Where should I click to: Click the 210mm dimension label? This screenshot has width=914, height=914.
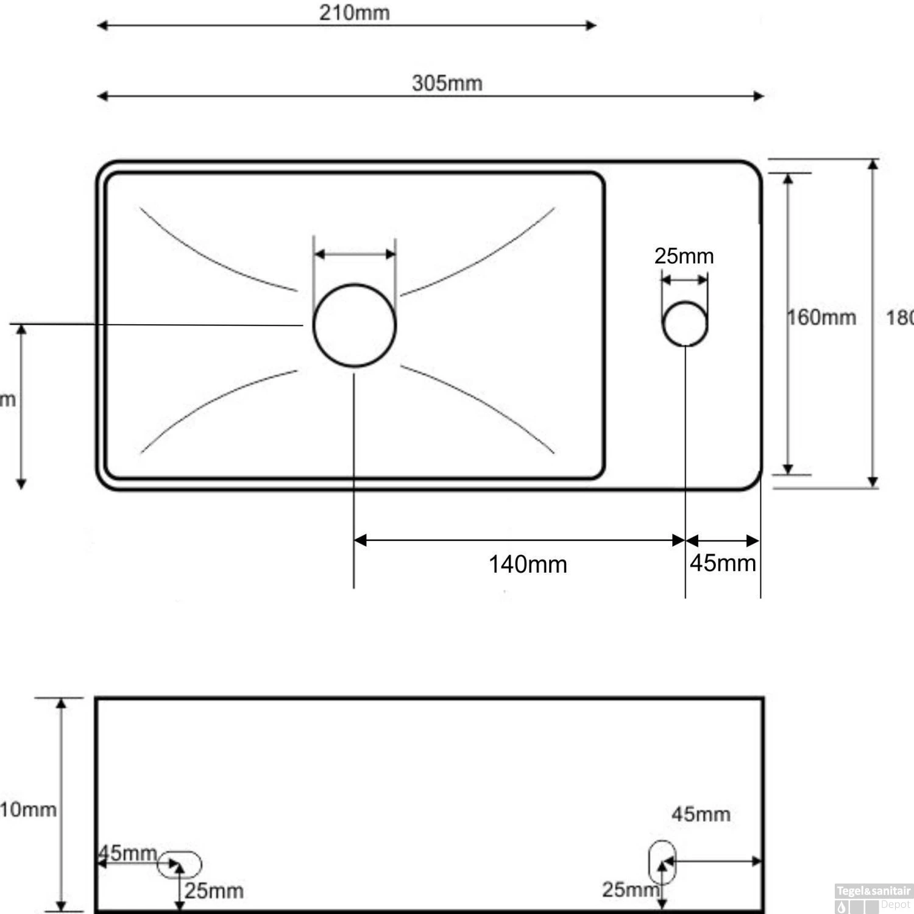click(354, 13)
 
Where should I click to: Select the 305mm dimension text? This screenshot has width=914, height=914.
click(447, 83)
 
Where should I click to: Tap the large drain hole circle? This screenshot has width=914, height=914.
click(355, 325)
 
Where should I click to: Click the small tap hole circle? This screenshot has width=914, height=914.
click(685, 324)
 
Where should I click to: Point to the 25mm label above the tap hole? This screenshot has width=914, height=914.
click(684, 256)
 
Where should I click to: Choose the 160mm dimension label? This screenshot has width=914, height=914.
click(821, 317)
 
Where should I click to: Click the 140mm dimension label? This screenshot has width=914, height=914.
click(528, 564)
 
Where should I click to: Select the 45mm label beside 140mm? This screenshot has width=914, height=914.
click(723, 563)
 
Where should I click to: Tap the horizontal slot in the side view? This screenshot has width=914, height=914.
click(180, 865)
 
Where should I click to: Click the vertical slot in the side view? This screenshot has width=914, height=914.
click(662, 862)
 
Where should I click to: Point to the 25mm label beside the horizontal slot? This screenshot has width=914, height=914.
click(214, 891)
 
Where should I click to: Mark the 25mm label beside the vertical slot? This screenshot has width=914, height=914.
click(630, 890)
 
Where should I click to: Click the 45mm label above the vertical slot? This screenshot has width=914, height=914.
click(701, 814)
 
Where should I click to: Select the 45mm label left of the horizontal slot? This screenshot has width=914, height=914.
click(127, 853)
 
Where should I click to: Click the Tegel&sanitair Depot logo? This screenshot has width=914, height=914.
click(873, 898)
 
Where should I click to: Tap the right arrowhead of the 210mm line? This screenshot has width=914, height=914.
click(590, 25)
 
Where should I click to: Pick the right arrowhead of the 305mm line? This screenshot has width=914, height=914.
click(759, 96)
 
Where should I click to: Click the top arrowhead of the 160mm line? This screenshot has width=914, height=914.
click(788, 179)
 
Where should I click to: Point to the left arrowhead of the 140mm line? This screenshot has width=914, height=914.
click(360, 540)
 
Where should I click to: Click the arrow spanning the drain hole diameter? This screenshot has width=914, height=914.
click(355, 254)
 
